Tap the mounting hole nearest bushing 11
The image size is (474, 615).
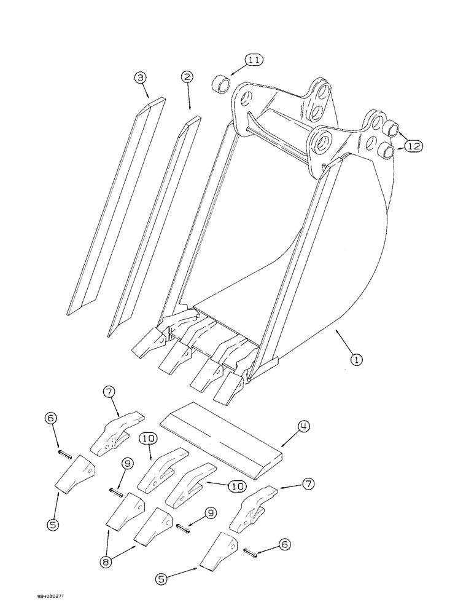[x=246, y=98]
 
